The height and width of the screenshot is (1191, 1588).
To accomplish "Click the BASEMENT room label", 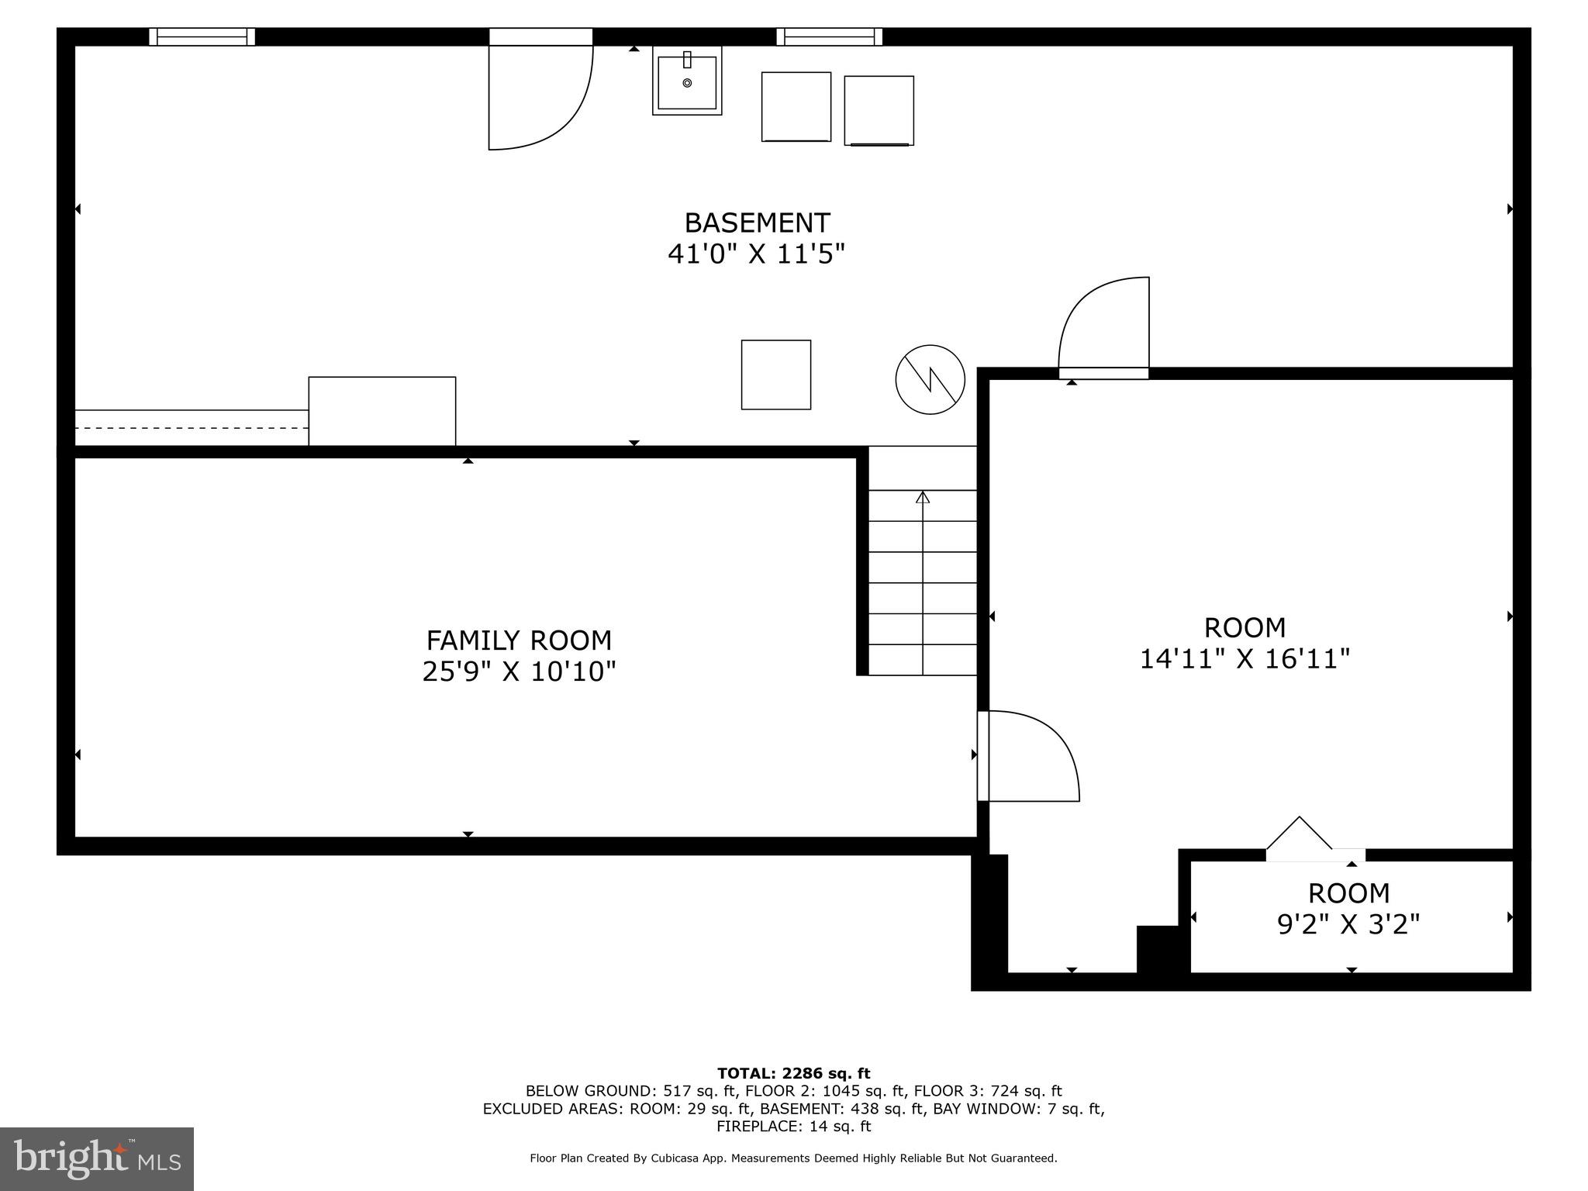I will tap(757, 223).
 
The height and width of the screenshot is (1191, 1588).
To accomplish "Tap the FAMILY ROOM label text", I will tap(519, 640).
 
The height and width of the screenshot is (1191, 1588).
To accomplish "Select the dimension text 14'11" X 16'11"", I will tap(1245, 659).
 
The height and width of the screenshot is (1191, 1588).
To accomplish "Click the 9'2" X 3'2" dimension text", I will tap(1348, 924).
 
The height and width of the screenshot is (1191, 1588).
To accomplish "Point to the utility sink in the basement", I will tap(687, 81).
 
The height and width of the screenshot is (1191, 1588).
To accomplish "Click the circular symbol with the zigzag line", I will tap(930, 379).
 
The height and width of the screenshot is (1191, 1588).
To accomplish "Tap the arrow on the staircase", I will tap(923, 498).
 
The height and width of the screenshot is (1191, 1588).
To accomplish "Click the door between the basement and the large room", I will tap(1104, 330).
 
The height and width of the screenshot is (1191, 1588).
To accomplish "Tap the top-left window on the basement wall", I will tap(202, 36).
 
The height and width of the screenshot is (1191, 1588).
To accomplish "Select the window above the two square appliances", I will tap(830, 36).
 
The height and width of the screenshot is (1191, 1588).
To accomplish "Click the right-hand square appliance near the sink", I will tap(879, 110).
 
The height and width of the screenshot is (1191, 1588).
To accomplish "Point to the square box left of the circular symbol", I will tap(775, 375).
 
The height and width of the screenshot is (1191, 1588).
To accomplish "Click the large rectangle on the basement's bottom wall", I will tap(381, 411).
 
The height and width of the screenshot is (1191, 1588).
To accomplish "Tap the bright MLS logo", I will tap(97, 1159).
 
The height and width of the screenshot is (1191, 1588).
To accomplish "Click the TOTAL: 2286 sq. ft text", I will tap(793, 1074).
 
